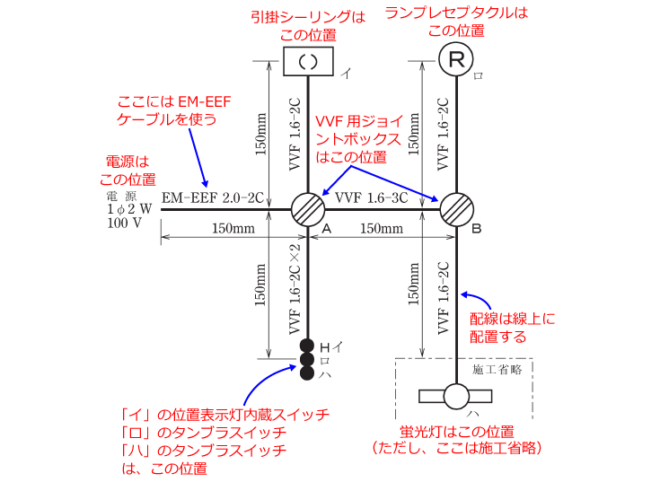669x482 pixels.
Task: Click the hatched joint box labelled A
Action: click(x=308, y=209)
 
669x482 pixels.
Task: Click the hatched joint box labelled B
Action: click(x=457, y=209)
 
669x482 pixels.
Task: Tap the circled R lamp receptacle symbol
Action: click(x=456, y=59)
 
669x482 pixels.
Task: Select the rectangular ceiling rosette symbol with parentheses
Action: click(x=309, y=62)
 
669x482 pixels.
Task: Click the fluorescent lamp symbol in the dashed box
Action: click(x=455, y=396)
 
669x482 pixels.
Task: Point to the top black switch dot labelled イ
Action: click(x=307, y=346)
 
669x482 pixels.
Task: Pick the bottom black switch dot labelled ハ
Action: click(x=307, y=372)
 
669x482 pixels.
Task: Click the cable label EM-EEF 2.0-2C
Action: click(x=213, y=198)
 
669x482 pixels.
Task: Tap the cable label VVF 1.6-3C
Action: click(x=371, y=198)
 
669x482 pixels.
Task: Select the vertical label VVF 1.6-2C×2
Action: click(x=295, y=289)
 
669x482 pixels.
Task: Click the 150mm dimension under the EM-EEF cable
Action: click(x=233, y=229)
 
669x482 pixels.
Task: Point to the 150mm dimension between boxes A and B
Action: click(x=382, y=229)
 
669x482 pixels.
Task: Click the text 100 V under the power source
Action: click(x=124, y=223)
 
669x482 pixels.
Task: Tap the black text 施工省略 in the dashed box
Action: click(x=497, y=370)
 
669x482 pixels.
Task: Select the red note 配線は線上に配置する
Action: click(x=512, y=328)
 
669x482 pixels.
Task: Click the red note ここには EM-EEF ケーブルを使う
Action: click(x=174, y=110)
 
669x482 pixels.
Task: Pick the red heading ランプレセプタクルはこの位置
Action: click(x=456, y=22)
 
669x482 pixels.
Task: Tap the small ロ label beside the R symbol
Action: click(x=479, y=76)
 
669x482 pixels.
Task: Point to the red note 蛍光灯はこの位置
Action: click(x=457, y=432)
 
